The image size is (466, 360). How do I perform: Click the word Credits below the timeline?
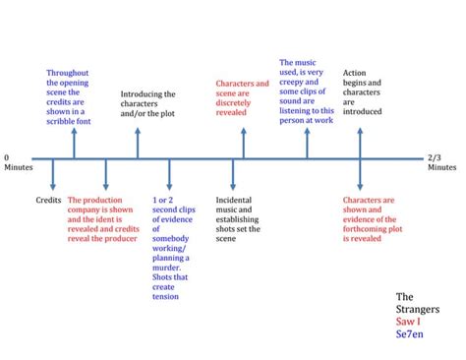point(48,200)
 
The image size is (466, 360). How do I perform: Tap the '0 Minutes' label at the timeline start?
point(19,162)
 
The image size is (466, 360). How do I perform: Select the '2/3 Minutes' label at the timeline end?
point(441,162)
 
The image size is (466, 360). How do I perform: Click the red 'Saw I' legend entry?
point(408,322)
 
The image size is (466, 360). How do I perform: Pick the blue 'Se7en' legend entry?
point(410,334)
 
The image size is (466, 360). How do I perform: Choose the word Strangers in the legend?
point(418,309)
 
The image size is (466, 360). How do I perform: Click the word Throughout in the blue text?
point(68,73)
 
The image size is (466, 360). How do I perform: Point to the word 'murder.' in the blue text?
point(166,268)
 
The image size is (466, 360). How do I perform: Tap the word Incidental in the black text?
point(234,200)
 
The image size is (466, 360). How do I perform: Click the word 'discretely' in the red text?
point(233,103)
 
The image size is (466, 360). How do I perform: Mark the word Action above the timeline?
point(354,73)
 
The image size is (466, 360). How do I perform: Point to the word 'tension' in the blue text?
point(165,296)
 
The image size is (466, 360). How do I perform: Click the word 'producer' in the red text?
point(121,239)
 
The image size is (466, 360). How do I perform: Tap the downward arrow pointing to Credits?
point(53,174)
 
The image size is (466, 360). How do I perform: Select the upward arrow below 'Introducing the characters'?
point(138,144)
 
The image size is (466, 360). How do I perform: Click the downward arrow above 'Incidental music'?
point(233,174)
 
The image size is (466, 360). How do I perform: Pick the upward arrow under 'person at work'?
point(307,144)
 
